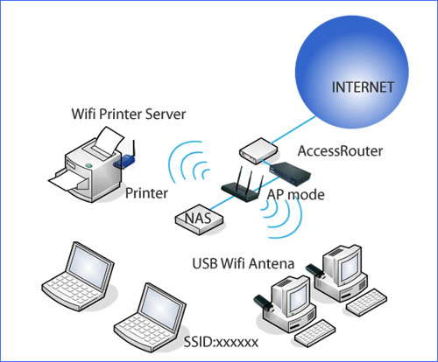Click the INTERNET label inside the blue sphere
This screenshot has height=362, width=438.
click(x=363, y=87)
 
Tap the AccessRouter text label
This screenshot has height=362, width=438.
click(x=340, y=151)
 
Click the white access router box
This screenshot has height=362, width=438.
click(x=258, y=151)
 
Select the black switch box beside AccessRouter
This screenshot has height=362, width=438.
click(x=290, y=174)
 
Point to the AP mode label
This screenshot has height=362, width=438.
click(x=296, y=194)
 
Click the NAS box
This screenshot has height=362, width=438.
click(x=199, y=219)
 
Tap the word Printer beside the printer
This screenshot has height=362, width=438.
click(x=146, y=193)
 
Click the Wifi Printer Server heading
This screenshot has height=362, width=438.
click(x=129, y=114)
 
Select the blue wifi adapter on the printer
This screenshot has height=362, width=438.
click(x=124, y=161)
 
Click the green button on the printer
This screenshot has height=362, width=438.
click(x=88, y=165)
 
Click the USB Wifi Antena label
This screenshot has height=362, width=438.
click(x=244, y=263)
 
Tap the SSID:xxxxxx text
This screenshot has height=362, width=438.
click(x=221, y=342)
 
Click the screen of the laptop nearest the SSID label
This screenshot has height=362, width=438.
click(x=161, y=306)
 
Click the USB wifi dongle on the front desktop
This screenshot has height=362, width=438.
click(x=264, y=303)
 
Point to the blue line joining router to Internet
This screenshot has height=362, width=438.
click(x=293, y=130)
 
